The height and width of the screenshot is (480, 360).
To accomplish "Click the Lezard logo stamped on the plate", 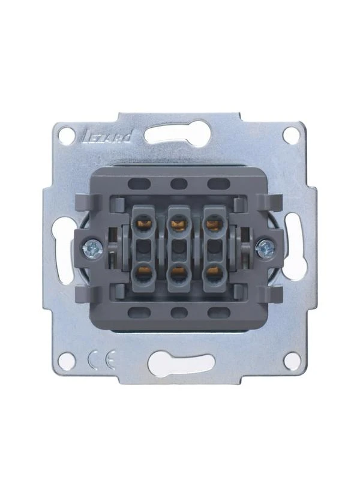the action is [x=107, y=137].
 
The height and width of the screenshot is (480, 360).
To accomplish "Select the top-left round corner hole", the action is [x=67, y=134].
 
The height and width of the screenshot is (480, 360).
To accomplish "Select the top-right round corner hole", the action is [x=291, y=134].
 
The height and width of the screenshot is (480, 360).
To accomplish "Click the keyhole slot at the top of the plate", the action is [x=176, y=133].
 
